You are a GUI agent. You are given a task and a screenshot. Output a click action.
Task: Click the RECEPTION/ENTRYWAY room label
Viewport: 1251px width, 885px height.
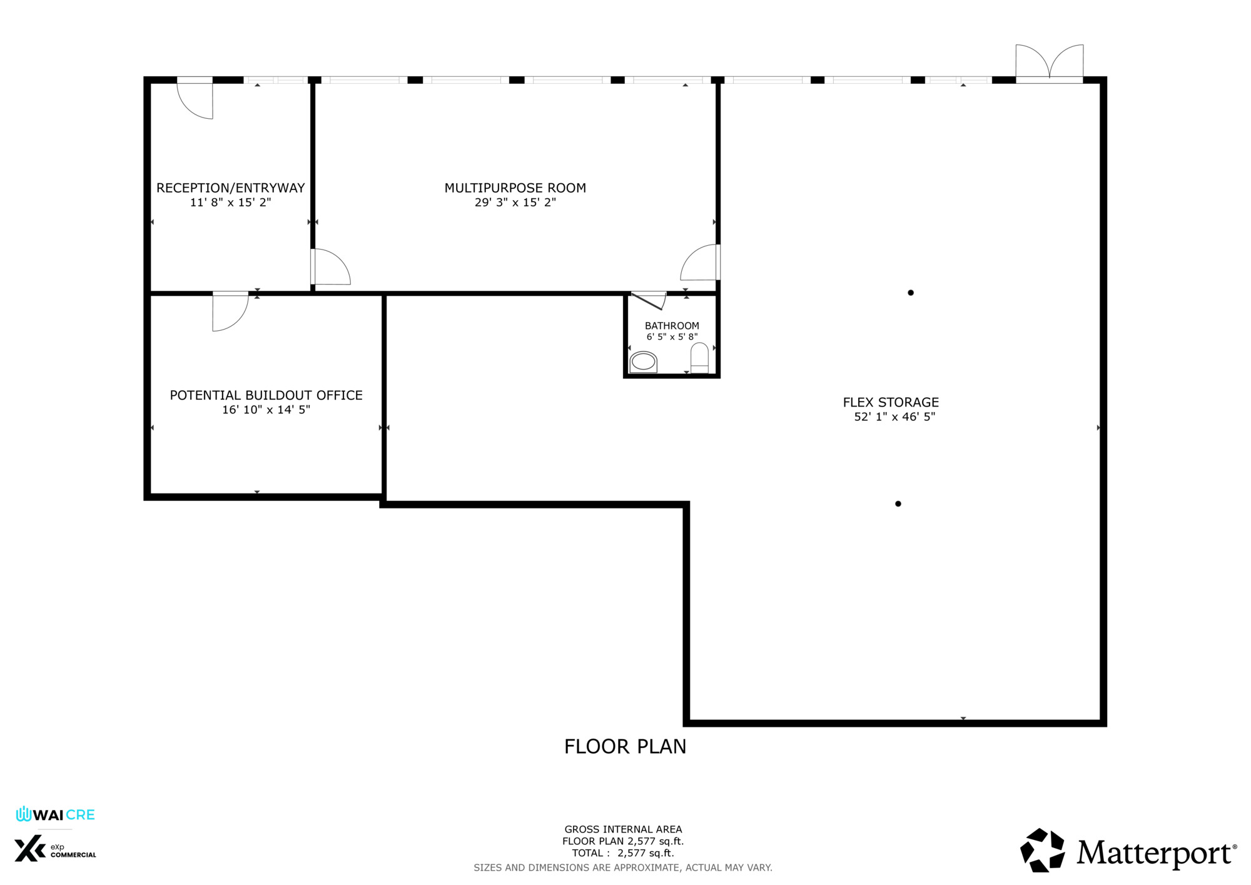pyautogui.click(x=230, y=188)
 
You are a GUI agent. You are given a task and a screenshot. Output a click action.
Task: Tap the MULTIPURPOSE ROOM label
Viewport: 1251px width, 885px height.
pyautogui.click(x=515, y=188)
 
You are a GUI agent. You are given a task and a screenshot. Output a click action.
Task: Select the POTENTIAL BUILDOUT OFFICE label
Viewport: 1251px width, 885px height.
pyautogui.click(x=266, y=395)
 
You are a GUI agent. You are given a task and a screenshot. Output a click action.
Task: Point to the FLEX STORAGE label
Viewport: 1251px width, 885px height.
pyautogui.click(x=891, y=402)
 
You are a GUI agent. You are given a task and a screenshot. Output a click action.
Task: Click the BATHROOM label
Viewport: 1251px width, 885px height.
pyautogui.click(x=672, y=326)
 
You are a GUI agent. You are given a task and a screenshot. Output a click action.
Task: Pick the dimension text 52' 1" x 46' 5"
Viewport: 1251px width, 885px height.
pyautogui.click(x=894, y=417)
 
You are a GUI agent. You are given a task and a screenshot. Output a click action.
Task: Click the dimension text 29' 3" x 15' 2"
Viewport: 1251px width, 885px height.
pyautogui.click(x=515, y=202)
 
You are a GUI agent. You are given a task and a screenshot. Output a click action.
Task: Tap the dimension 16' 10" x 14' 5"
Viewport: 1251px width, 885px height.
pyautogui.click(x=266, y=410)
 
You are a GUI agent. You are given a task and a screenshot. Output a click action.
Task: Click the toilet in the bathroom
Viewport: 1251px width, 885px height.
pyautogui.click(x=699, y=358)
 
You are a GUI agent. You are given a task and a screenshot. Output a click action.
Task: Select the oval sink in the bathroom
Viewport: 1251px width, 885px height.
pyautogui.click(x=643, y=362)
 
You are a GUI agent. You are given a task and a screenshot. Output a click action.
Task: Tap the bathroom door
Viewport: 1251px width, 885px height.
pyautogui.click(x=649, y=300)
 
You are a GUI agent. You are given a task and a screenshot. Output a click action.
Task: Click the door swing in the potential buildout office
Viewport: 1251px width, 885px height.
pyautogui.click(x=230, y=311)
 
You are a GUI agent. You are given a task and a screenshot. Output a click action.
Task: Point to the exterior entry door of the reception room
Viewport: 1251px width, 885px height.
pyautogui.click(x=195, y=98)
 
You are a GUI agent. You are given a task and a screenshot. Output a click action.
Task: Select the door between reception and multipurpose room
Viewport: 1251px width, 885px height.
pyautogui.click(x=331, y=267)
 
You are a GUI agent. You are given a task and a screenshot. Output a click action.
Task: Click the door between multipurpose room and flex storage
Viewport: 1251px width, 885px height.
pyautogui.click(x=700, y=262)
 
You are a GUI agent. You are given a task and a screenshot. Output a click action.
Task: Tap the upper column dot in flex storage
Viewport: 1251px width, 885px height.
pyautogui.click(x=911, y=293)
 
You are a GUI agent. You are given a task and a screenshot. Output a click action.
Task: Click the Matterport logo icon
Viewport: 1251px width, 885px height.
pyautogui.click(x=1042, y=850)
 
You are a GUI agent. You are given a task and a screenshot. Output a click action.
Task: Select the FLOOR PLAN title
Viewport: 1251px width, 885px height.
pyautogui.click(x=625, y=746)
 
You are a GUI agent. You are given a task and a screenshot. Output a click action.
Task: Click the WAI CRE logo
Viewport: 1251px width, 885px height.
pyautogui.click(x=56, y=814)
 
